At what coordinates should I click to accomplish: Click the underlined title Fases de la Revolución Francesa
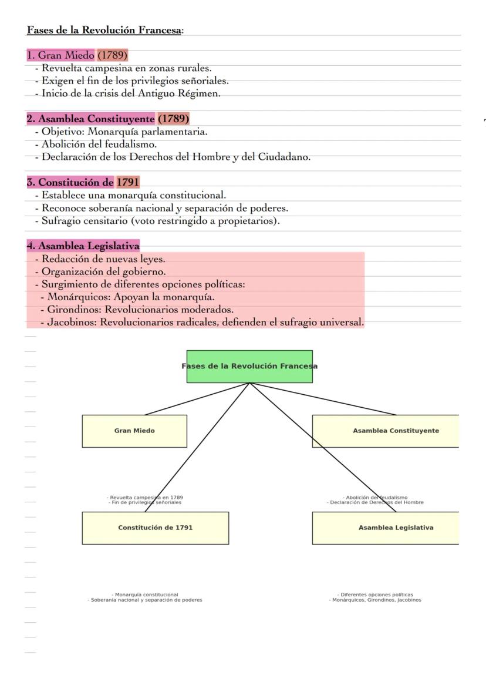point(104,30)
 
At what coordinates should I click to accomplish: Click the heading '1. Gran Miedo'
point(61,56)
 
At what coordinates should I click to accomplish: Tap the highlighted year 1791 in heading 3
point(128,182)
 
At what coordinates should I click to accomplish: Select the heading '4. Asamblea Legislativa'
point(83,246)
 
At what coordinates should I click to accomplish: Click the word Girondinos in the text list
point(74,310)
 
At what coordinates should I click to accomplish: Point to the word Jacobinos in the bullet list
point(72,323)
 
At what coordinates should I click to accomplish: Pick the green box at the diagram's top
point(249,367)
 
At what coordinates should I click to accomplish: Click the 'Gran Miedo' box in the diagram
point(134,431)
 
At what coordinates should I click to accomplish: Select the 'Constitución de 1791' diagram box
point(155,528)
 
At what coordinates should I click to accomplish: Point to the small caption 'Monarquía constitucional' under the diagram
point(145,595)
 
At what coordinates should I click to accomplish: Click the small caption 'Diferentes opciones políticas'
point(375,595)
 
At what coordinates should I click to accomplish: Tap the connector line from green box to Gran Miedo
point(197,399)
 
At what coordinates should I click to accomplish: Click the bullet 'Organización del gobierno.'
point(103,271)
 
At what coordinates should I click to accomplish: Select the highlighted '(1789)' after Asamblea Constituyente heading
point(173,119)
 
